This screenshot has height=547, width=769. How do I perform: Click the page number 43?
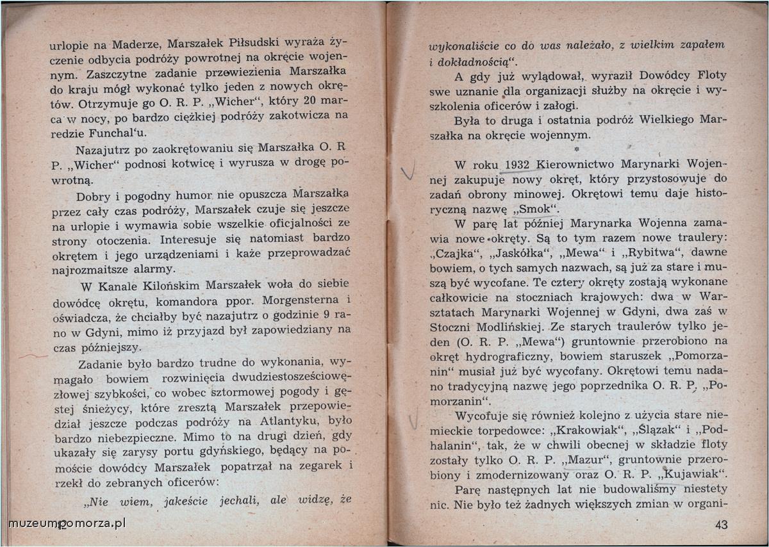(722, 525)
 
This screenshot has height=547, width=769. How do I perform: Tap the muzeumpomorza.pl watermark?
(67, 523)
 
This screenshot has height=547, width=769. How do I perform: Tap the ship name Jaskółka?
(517, 253)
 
